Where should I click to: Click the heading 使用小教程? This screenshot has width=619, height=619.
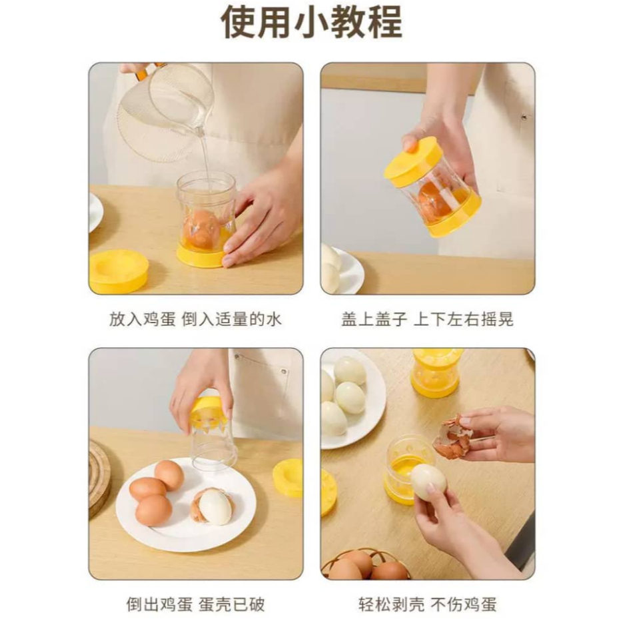(x=311, y=23)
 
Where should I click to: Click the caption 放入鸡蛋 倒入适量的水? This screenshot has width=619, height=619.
(x=196, y=319)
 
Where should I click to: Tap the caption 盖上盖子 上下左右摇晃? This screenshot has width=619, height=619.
(x=428, y=319)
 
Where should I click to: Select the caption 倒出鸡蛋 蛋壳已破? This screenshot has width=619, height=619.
(x=196, y=604)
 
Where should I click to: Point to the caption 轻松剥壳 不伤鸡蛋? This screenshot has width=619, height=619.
(x=428, y=604)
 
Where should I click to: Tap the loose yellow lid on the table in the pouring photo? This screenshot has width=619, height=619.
(x=119, y=271)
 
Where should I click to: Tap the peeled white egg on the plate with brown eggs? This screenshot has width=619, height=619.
(x=215, y=507)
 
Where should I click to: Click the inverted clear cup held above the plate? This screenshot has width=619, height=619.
(x=213, y=434)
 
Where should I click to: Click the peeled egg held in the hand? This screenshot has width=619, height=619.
(x=428, y=482)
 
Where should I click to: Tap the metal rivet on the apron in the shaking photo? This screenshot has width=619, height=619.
(x=524, y=117)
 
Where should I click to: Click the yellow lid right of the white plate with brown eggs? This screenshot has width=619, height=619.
(x=289, y=478)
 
